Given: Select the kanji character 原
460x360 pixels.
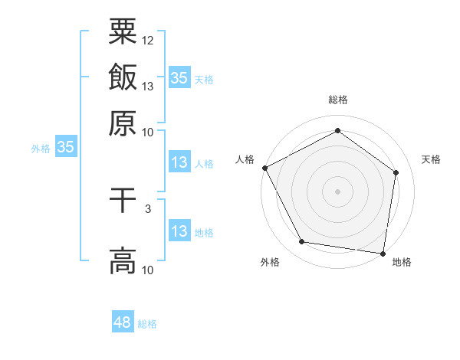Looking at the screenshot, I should [123, 123].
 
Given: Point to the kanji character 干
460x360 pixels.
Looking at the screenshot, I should [123, 201].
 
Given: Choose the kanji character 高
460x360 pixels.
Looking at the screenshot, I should [123, 260].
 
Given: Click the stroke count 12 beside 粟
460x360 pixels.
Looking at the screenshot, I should [148, 40].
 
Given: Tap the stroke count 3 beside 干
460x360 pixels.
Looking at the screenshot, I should [148, 208].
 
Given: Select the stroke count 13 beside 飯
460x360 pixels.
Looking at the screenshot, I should [148, 86].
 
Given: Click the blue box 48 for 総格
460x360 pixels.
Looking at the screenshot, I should [123, 322].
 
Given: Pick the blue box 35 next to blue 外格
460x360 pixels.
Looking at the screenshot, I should [65, 148].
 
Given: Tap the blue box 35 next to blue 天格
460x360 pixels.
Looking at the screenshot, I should [179, 77].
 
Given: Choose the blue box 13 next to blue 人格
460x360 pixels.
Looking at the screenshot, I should [179, 162].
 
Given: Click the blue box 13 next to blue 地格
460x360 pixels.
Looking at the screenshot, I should [179, 231].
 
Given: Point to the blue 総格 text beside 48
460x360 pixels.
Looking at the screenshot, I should [148, 324].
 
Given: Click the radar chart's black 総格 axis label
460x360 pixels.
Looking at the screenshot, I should [338, 100].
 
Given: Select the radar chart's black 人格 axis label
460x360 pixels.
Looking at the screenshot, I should [245, 159].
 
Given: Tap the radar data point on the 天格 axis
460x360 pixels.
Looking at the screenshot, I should [396, 173].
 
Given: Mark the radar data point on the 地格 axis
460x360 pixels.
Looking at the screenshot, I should [383, 252].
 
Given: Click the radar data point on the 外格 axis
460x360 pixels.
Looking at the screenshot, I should [302, 242].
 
